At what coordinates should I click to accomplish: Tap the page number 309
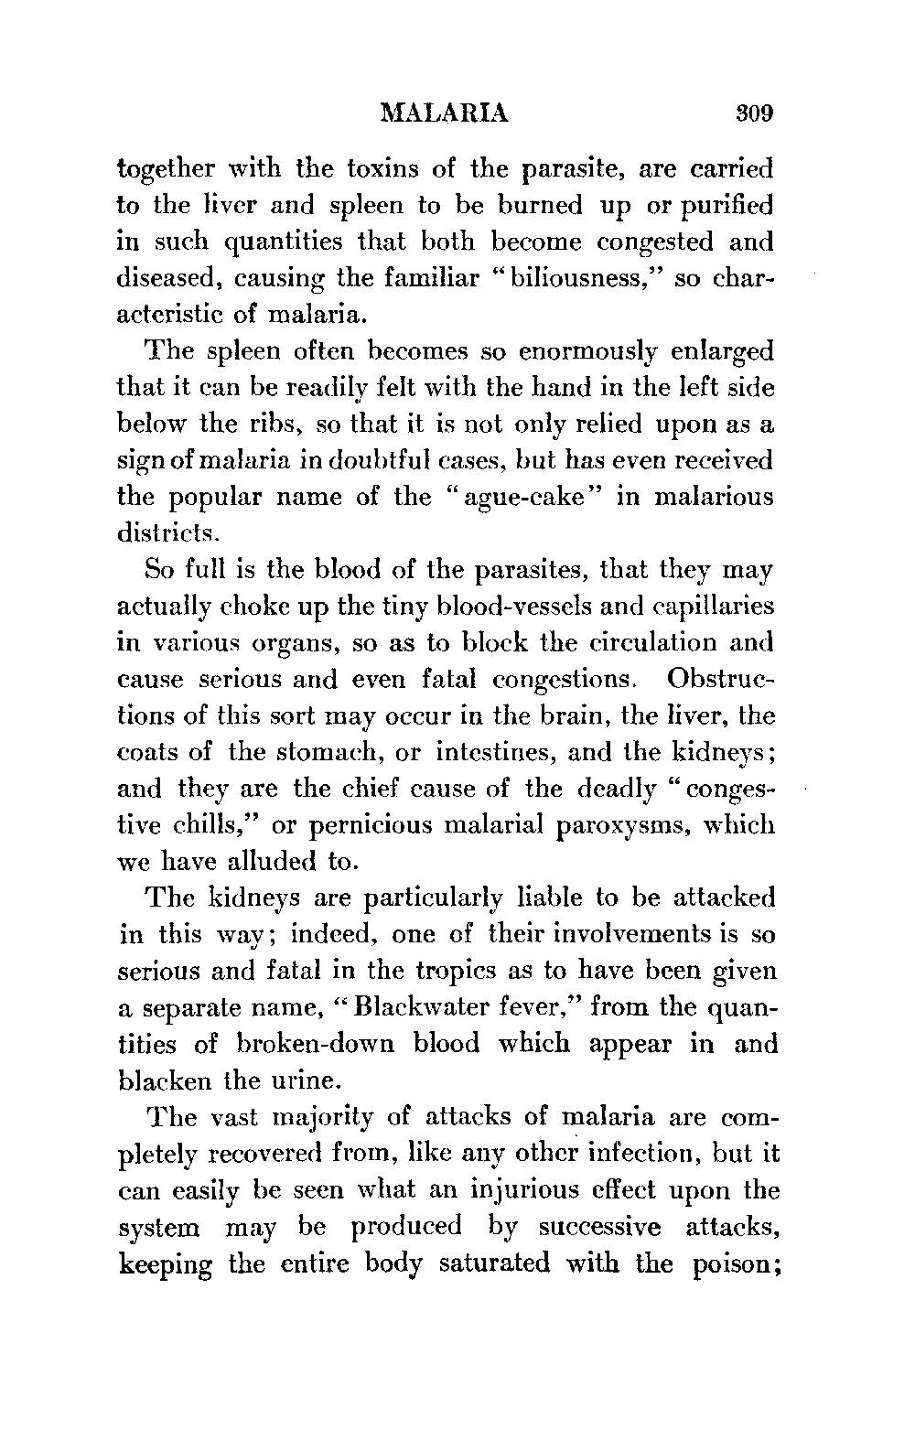point(753,114)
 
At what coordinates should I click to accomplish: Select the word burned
point(540,205)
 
